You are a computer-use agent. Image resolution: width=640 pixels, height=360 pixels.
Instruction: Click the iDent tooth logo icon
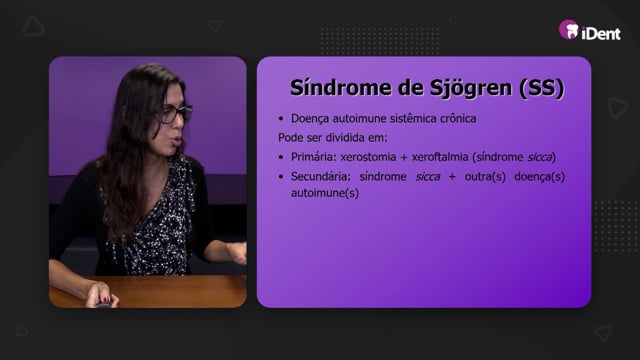(569, 29)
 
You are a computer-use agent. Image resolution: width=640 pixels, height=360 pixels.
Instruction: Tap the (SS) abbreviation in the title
(542, 88)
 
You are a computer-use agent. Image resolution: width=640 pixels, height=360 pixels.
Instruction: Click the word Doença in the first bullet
(310, 119)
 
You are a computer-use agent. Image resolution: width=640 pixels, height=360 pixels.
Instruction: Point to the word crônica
(458, 118)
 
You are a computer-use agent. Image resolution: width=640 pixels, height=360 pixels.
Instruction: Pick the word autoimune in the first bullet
(359, 118)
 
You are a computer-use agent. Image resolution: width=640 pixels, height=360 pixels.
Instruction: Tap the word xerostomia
(368, 157)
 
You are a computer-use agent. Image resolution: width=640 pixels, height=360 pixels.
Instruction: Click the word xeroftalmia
(440, 157)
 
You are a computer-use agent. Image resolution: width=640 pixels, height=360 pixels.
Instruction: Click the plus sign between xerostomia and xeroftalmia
(404, 158)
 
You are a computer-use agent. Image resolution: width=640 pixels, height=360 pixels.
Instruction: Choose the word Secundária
(321, 177)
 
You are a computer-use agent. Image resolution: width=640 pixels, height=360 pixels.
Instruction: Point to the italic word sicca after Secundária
(427, 177)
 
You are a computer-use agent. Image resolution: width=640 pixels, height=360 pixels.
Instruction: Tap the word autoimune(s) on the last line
(325, 193)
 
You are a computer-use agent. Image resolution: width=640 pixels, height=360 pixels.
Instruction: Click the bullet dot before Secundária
(281, 177)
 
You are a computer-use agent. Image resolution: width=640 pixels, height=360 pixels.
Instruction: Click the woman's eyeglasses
(176, 113)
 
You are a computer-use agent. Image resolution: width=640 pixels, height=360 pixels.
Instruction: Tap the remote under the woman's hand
(104, 303)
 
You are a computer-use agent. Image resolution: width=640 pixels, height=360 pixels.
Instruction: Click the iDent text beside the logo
(601, 33)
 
